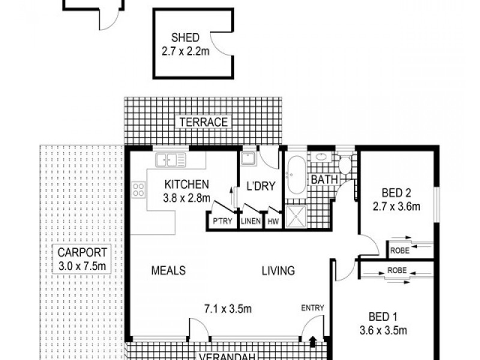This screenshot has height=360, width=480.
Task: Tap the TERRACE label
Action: (202, 122)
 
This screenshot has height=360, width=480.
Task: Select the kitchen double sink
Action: (170, 160)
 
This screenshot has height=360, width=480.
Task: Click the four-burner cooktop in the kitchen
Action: (139, 190)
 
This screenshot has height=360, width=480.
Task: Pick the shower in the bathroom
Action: (295, 217)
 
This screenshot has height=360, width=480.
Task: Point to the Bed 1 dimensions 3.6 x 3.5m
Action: (382, 330)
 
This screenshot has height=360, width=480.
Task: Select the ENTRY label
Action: (313, 308)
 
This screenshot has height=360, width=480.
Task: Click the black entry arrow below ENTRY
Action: (313, 342)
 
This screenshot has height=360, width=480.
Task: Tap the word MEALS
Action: (167, 271)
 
